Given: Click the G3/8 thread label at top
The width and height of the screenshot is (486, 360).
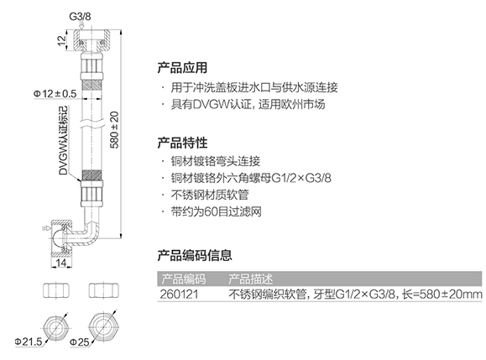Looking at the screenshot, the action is [80, 16].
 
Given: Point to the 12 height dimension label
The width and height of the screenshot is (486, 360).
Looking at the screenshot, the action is [62, 40].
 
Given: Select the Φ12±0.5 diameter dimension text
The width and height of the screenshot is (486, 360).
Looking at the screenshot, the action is [55, 93].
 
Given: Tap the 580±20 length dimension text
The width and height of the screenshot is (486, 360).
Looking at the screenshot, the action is [114, 130].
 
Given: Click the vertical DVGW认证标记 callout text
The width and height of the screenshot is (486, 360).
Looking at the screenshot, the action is [63, 140].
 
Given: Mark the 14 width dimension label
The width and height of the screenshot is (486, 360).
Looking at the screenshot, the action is [60, 263].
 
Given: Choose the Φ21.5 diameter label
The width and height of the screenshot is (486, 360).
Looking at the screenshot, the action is [29, 342].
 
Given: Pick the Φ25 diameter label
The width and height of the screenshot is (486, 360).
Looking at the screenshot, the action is [80, 342].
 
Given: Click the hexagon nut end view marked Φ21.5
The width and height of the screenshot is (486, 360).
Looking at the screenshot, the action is [55, 328].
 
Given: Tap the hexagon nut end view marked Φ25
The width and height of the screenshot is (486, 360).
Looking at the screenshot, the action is [103, 327].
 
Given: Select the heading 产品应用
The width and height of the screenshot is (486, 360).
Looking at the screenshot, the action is [182, 68].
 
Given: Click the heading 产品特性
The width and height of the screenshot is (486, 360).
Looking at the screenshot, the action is [182, 143].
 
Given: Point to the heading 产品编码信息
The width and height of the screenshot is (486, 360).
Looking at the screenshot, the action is [195, 255].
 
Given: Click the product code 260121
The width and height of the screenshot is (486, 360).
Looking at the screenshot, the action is [179, 294].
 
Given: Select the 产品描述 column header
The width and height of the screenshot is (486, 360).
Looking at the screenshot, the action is [250, 279].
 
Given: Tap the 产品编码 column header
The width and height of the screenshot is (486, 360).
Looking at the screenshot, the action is [183, 279].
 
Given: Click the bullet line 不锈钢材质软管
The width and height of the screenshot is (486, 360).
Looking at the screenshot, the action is [210, 195].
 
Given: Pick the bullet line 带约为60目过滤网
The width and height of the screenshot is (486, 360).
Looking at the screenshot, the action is [217, 211].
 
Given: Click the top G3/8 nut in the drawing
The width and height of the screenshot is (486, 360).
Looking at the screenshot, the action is [91, 40].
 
